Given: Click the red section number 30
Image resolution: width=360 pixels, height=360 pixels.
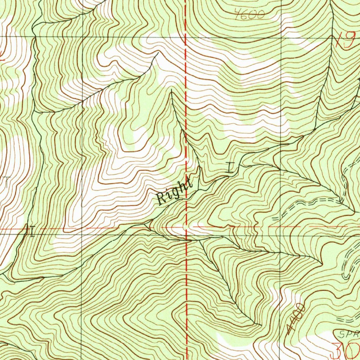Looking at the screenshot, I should pos(346,350).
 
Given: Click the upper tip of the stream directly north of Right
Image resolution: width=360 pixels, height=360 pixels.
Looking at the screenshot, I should pos(171,90).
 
